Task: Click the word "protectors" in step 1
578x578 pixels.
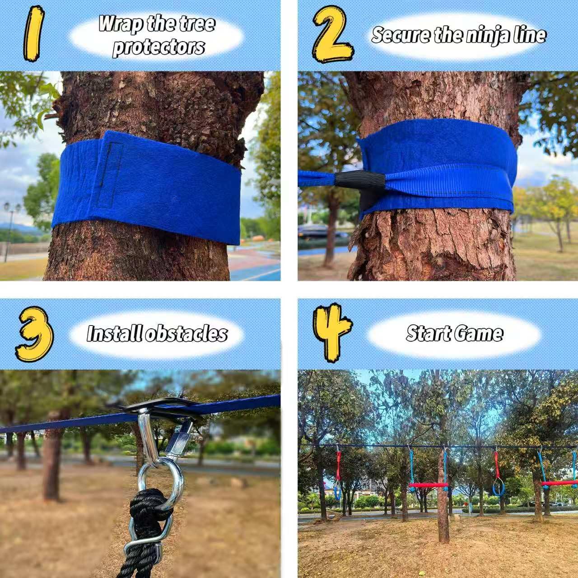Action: (x=158, y=47)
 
